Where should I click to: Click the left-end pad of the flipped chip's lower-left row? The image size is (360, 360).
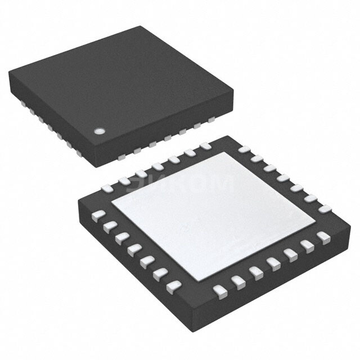point(97,215)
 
